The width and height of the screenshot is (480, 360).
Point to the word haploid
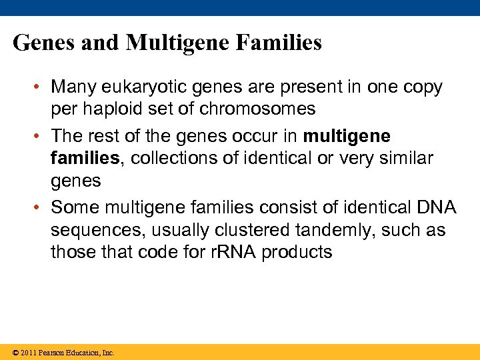pyautogui.click(x=113, y=109)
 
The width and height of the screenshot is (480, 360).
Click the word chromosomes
pyautogui.click(x=259, y=109)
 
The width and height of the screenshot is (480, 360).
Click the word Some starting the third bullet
pyautogui.click(x=73, y=207)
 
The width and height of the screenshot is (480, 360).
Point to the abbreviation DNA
pyautogui.click(x=435, y=207)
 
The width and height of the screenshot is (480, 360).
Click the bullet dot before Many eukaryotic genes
pyautogui.click(x=41, y=87)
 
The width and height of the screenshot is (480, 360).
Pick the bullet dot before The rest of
pyautogui.click(x=41, y=136)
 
